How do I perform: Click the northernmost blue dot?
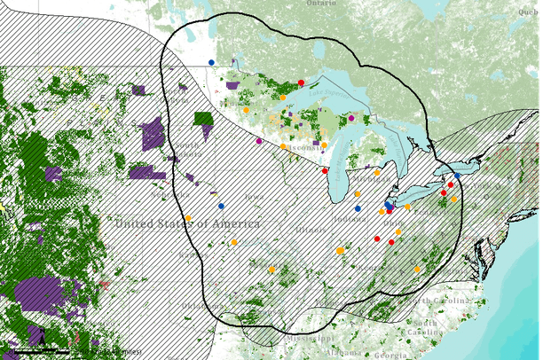coord(211,61)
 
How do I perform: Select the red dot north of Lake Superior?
coord(301,82)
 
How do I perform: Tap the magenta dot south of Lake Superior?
coord(351,118)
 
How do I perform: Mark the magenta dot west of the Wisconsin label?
coord(258,141)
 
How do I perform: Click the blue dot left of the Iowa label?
coord(221,206)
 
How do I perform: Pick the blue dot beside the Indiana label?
coord(358,208)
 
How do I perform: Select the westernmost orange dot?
coord(188,218)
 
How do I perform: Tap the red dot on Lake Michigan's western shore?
coord(325,170)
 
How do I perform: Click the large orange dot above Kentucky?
coord(340,252)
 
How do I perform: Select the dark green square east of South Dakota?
coord(204,118)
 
